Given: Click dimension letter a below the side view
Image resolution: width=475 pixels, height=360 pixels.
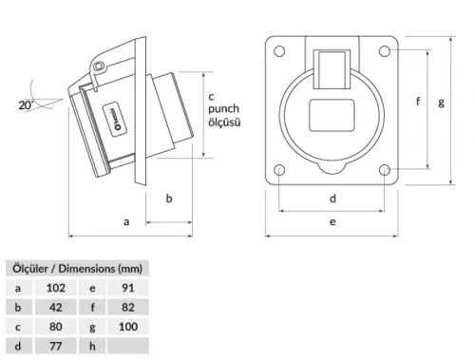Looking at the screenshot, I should tap(126, 221).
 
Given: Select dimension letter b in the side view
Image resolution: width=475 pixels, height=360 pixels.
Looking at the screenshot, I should tap(168, 199).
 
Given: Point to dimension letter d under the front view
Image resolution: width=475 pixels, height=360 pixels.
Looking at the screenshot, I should tap(332, 199).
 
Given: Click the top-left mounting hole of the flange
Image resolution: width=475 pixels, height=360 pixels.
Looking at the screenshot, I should tap(281, 48).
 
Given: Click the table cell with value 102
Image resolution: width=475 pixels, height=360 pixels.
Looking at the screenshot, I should tap(54, 286).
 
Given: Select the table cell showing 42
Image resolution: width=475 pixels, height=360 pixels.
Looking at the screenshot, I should tap(54, 306).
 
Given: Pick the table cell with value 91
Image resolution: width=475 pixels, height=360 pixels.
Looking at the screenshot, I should tap(128, 286).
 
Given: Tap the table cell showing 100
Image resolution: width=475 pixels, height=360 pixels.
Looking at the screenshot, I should tap(128, 326).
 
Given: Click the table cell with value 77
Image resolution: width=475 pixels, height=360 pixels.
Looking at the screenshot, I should tap(54, 346).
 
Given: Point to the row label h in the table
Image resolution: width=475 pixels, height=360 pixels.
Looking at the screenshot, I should tap(92, 346).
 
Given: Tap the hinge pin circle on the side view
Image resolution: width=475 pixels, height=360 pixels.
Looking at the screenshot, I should tap(98, 66).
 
